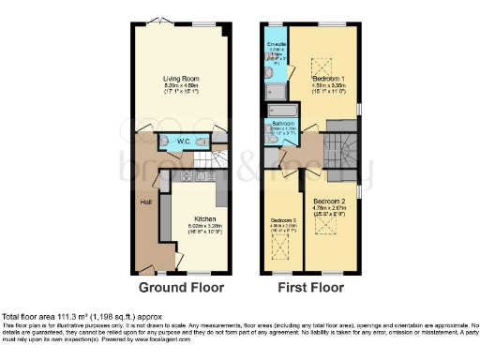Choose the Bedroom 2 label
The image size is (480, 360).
pyautogui.click(x=330, y=202)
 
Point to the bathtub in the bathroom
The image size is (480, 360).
pyautogui.click(x=281, y=111)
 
